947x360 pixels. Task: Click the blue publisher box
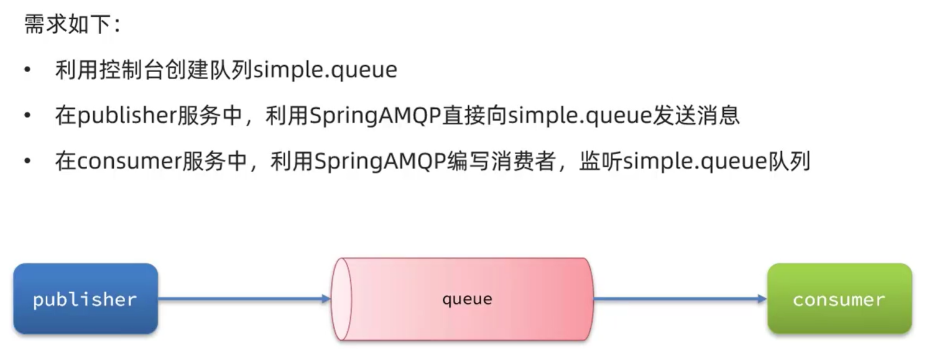coord(85,299)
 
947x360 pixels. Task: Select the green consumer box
coord(839,299)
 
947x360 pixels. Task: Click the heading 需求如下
coord(71,25)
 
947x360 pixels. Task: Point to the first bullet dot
coord(27,70)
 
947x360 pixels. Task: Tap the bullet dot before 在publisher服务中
coord(27,116)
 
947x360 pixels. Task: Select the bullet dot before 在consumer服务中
coord(27,162)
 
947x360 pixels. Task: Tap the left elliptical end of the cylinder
coord(341,299)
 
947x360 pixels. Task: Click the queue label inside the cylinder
coord(467,299)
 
